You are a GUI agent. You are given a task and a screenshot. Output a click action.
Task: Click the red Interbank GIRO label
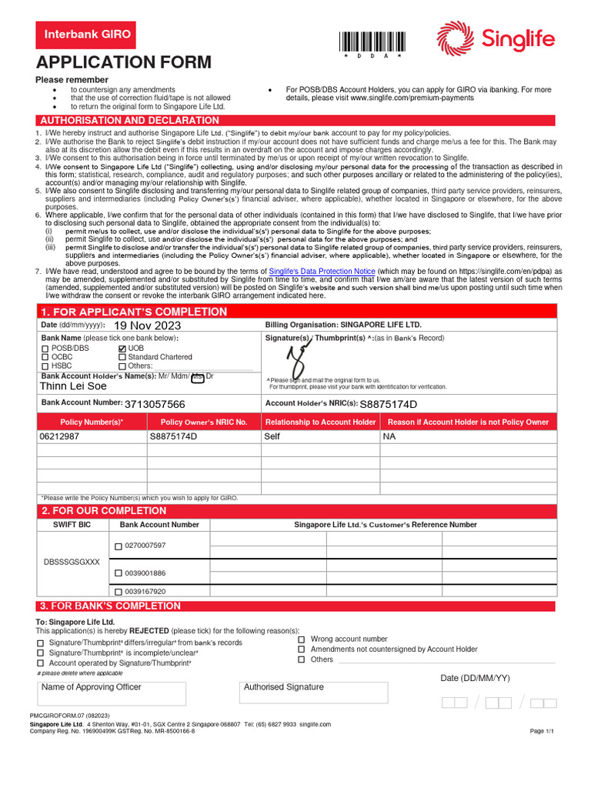(87, 35)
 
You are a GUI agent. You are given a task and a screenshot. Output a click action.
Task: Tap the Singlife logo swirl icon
(455, 38)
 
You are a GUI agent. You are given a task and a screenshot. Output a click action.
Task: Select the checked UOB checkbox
(122, 349)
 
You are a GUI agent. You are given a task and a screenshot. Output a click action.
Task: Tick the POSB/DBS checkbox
(45, 349)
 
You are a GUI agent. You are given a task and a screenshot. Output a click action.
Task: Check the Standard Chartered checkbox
(122, 357)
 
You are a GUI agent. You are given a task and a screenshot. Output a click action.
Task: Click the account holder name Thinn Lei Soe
(73, 386)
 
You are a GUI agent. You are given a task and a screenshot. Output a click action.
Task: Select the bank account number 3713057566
(155, 404)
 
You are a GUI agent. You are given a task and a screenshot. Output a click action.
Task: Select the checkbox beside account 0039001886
(119, 573)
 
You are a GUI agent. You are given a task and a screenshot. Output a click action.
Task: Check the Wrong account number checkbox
(302, 639)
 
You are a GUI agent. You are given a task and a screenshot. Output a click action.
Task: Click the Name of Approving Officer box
(112, 693)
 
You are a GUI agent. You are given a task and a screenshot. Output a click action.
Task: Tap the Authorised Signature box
(313, 692)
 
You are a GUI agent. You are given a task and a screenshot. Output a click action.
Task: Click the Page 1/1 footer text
(542, 731)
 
